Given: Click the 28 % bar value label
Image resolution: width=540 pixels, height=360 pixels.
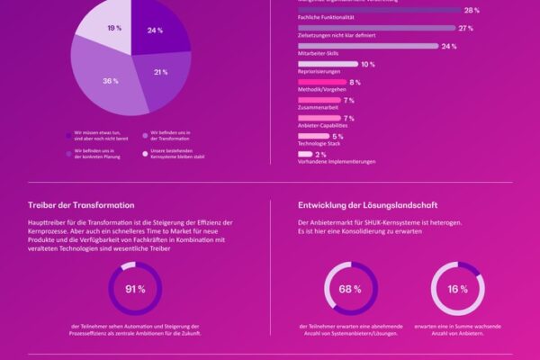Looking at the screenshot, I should [471, 10].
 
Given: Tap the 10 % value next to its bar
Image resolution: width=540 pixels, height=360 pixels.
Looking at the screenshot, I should [367, 64].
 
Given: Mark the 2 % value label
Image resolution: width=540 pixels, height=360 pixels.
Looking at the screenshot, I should [321, 154].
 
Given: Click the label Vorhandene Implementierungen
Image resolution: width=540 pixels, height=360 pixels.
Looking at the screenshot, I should [337, 163].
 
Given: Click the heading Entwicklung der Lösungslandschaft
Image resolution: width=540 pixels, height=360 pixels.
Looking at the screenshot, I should [368, 204].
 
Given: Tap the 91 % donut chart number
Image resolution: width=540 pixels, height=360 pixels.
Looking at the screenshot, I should [135, 289].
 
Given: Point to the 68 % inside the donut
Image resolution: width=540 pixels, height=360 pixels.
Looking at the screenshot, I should [350, 289].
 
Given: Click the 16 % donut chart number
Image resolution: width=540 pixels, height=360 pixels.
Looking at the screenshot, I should [457, 289].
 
